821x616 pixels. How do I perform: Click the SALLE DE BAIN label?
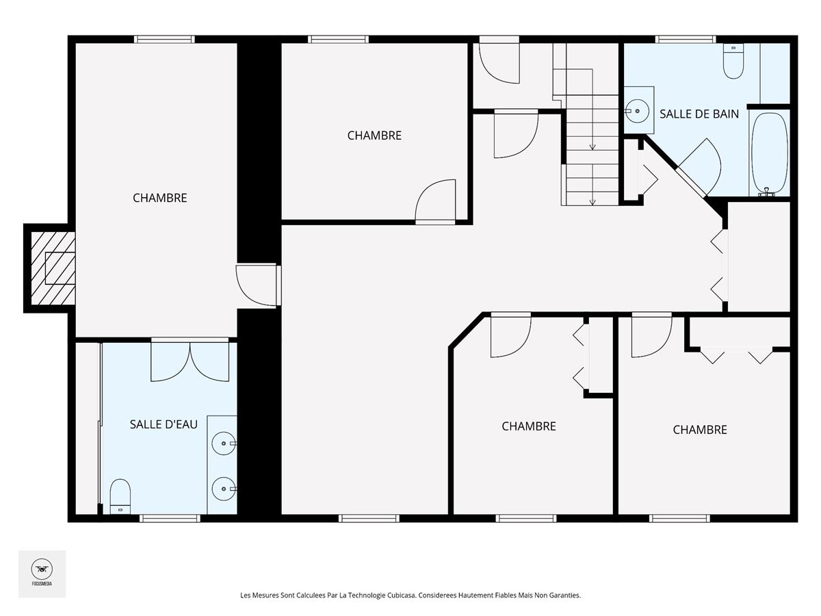[x=699, y=114]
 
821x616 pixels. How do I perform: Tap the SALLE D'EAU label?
[x=164, y=424]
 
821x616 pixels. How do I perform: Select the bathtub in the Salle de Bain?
[x=770, y=153]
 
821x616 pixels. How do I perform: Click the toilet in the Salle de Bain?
[x=733, y=62]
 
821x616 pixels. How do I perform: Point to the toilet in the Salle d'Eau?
[x=120, y=496]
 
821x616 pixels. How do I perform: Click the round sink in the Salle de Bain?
[x=636, y=111]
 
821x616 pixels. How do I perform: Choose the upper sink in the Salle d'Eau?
[x=224, y=444]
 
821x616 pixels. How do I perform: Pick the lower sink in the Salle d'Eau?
[x=224, y=489]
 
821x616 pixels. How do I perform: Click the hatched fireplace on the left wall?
[x=53, y=268]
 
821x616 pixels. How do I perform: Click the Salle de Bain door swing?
[x=699, y=164]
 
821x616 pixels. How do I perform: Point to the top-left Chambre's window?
[x=165, y=39]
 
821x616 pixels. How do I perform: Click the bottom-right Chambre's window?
[x=679, y=518]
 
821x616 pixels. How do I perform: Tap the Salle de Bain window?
[x=686, y=39]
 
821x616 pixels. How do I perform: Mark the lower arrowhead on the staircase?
[x=592, y=203]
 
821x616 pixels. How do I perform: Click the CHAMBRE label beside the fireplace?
[x=159, y=198]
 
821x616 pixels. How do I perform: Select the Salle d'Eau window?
[x=170, y=518]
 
